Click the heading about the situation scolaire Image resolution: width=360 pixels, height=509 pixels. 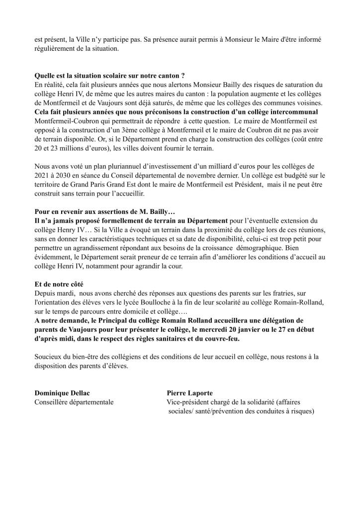tap(109, 76)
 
